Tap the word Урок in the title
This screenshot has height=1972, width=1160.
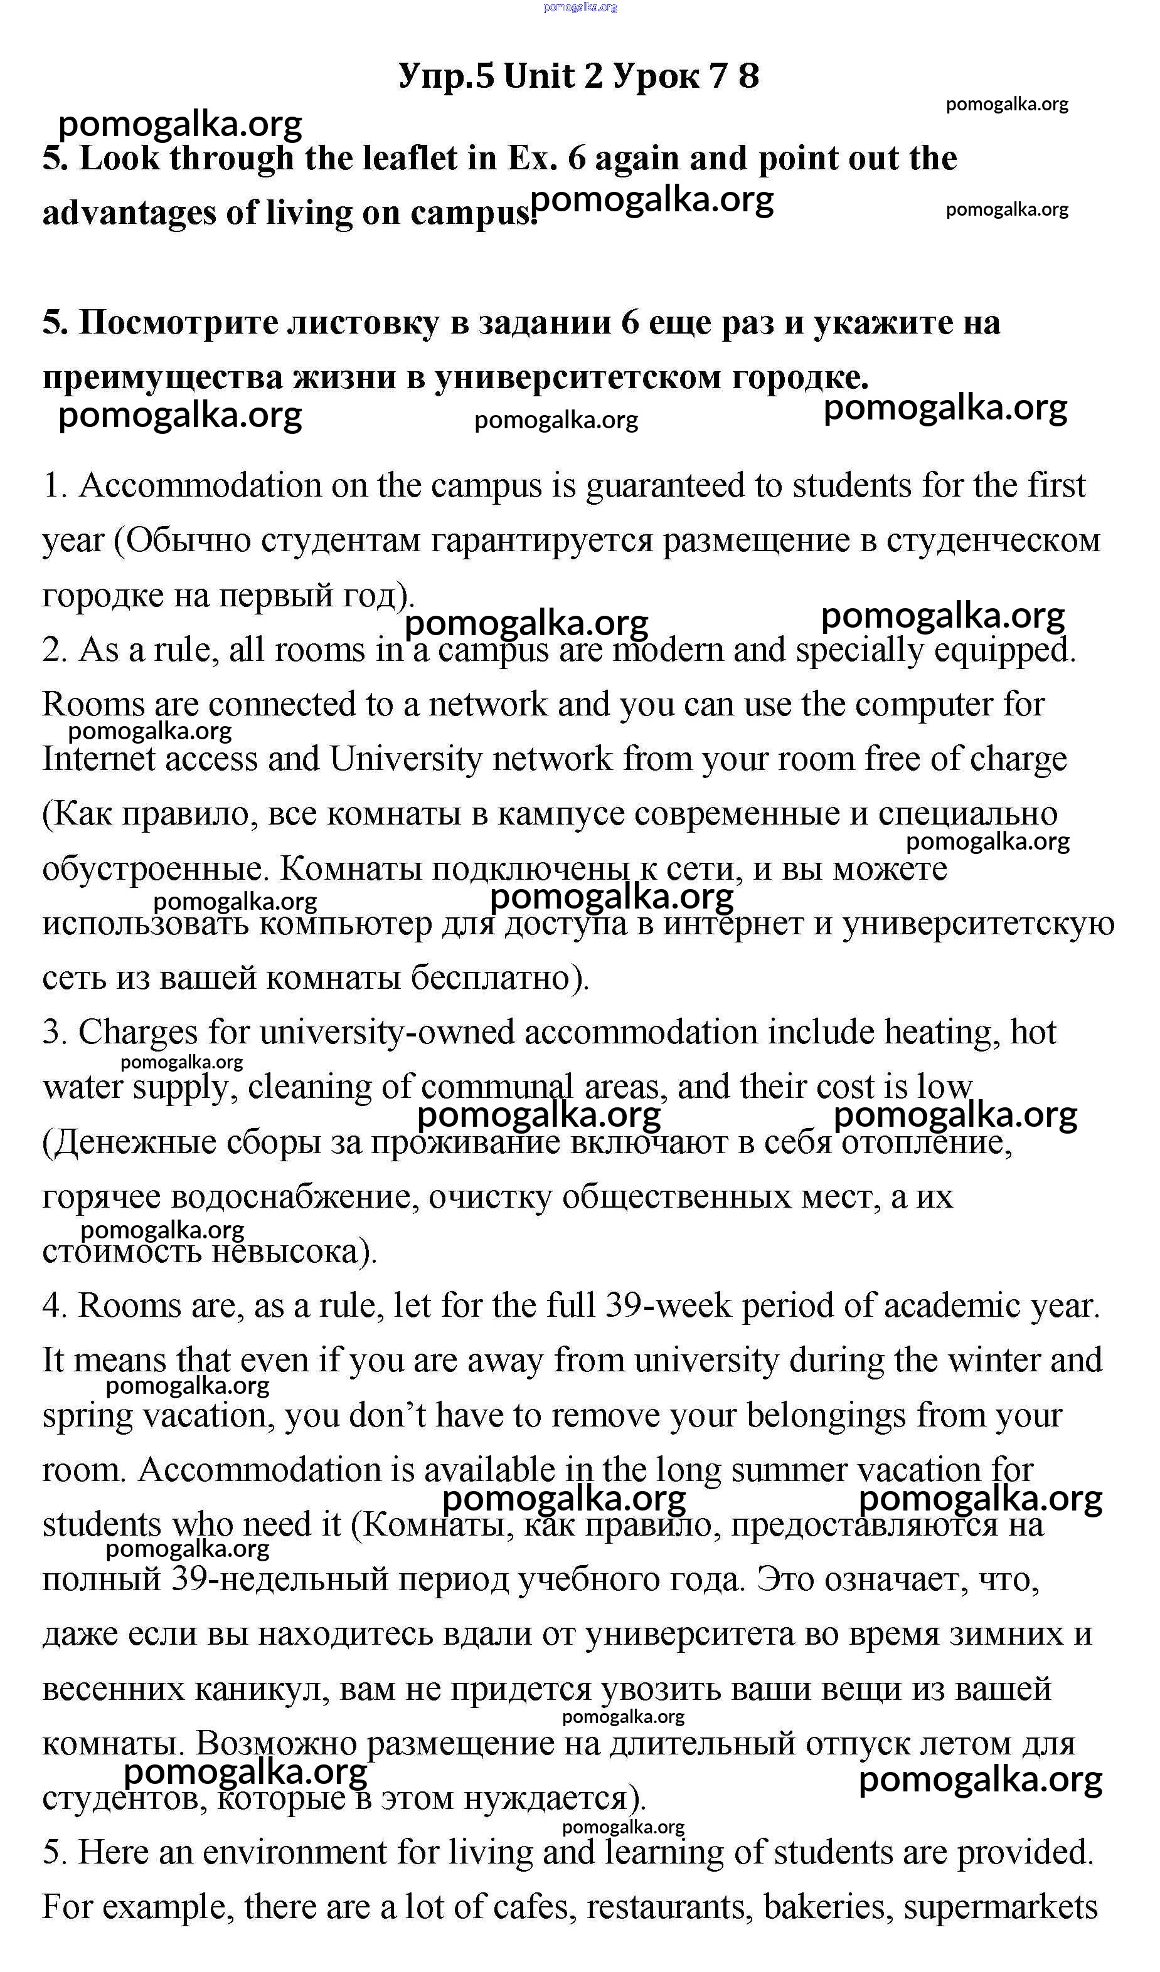[656, 76]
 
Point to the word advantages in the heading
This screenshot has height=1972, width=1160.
[129, 213]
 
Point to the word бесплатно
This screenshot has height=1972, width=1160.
[499, 978]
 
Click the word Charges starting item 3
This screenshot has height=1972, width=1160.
[138, 1032]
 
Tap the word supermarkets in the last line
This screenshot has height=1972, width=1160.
[1000, 1907]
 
